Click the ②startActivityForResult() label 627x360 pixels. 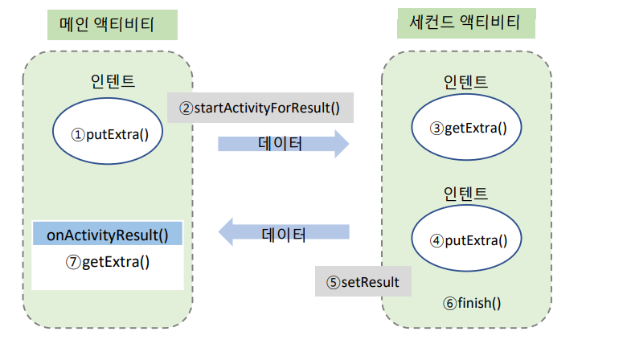[x=260, y=107]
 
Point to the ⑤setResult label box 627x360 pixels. [x=363, y=282]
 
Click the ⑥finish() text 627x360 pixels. [x=471, y=303]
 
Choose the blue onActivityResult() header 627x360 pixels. [x=108, y=235]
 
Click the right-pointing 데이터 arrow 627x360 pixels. [x=283, y=145]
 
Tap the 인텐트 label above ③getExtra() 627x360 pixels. [x=466, y=82]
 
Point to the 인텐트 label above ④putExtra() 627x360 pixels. [x=466, y=194]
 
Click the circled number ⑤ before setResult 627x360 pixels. [x=333, y=283]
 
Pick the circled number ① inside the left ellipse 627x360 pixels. [x=78, y=134]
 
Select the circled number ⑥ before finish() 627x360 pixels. [x=449, y=304]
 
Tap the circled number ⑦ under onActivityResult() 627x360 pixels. [x=74, y=262]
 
